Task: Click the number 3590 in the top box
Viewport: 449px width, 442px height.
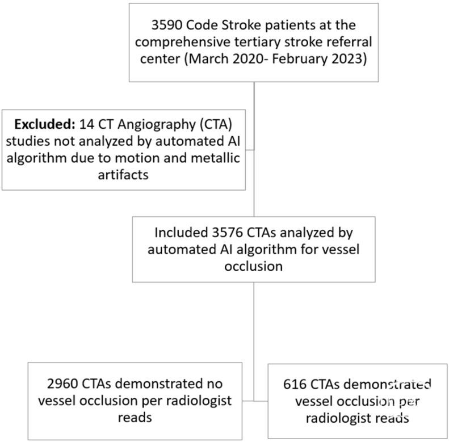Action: pos(167,25)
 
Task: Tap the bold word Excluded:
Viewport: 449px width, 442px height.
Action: pos(45,124)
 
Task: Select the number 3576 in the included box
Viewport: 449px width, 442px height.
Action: pos(227,233)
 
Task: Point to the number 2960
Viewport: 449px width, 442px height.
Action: pos(62,384)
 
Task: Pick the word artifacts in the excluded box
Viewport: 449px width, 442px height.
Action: pos(123,175)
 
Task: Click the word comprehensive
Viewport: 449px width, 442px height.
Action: pos(183,43)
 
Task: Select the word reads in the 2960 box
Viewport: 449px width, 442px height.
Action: pos(135,418)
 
